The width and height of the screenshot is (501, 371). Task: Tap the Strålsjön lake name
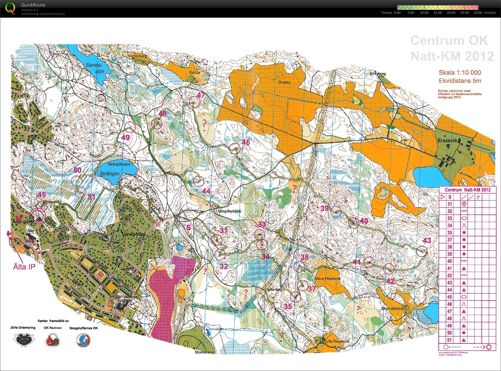110,174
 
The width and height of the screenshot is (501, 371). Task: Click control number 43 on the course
422,251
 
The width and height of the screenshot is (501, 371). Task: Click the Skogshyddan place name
229,211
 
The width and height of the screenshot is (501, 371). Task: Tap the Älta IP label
24,267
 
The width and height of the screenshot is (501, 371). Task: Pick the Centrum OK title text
449,41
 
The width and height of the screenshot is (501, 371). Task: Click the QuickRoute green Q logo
10,8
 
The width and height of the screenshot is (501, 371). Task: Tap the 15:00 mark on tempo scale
438,13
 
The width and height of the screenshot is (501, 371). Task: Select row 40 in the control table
468,261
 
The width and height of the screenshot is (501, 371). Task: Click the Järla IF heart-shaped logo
24,340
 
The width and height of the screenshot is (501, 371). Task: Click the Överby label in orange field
284,82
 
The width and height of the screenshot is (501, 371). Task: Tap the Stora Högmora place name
327,279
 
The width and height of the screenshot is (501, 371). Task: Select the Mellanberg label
137,56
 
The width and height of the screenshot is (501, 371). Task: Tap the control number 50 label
77,170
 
